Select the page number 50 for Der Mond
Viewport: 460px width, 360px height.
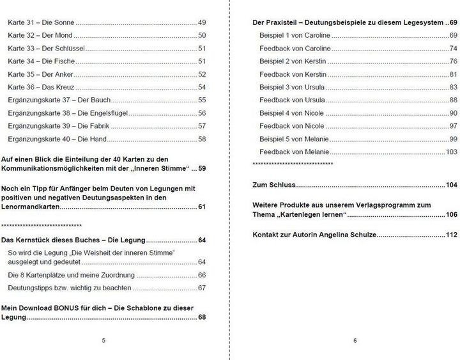tap(201, 35)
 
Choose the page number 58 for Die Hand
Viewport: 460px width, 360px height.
tap(201, 139)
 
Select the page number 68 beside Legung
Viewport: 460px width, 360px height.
tap(201, 317)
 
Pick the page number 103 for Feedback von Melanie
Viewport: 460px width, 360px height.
tap(451, 152)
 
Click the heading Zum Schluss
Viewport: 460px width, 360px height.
tap(275, 185)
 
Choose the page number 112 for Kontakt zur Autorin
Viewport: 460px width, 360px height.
tap(451, 235)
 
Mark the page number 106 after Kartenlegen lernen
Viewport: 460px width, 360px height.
tap(451, 214)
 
